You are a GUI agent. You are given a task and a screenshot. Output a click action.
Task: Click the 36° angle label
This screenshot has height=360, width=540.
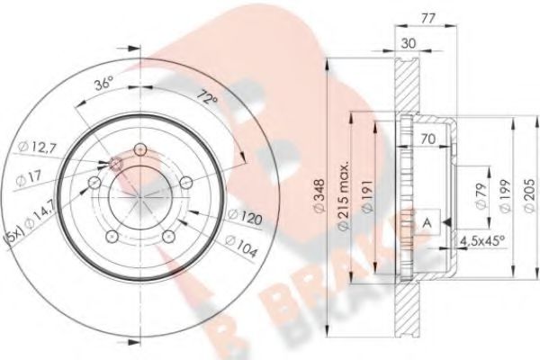coord(106,85)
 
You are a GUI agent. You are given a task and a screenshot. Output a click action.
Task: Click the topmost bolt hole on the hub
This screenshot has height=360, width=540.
coord(139,149)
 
